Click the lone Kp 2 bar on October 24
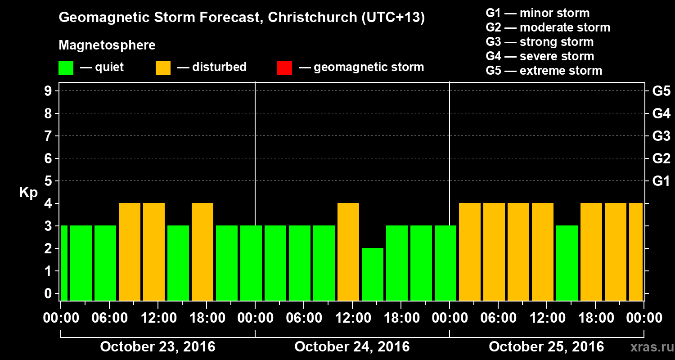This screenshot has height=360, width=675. pos(373,274)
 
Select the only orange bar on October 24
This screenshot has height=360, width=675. pos(348,251)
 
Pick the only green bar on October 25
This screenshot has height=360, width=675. pos(567,263)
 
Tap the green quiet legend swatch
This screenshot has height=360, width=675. pos(66,68)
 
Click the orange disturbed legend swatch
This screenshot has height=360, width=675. pos(163,68)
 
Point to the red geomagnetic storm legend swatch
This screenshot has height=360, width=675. pos(284,68)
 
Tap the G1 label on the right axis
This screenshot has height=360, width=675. pos(661,181)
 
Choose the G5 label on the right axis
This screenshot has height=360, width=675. pos(661,91)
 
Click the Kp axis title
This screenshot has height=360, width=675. pos(28,192)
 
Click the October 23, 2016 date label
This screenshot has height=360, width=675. pos(157,347)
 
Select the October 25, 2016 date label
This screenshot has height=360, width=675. pos(546,347)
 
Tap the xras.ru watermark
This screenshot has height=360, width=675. pos(648,347)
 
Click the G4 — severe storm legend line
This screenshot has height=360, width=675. pos(540,56)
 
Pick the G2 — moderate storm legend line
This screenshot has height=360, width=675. pos(548,27)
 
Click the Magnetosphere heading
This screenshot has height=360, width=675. pos(107,45)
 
